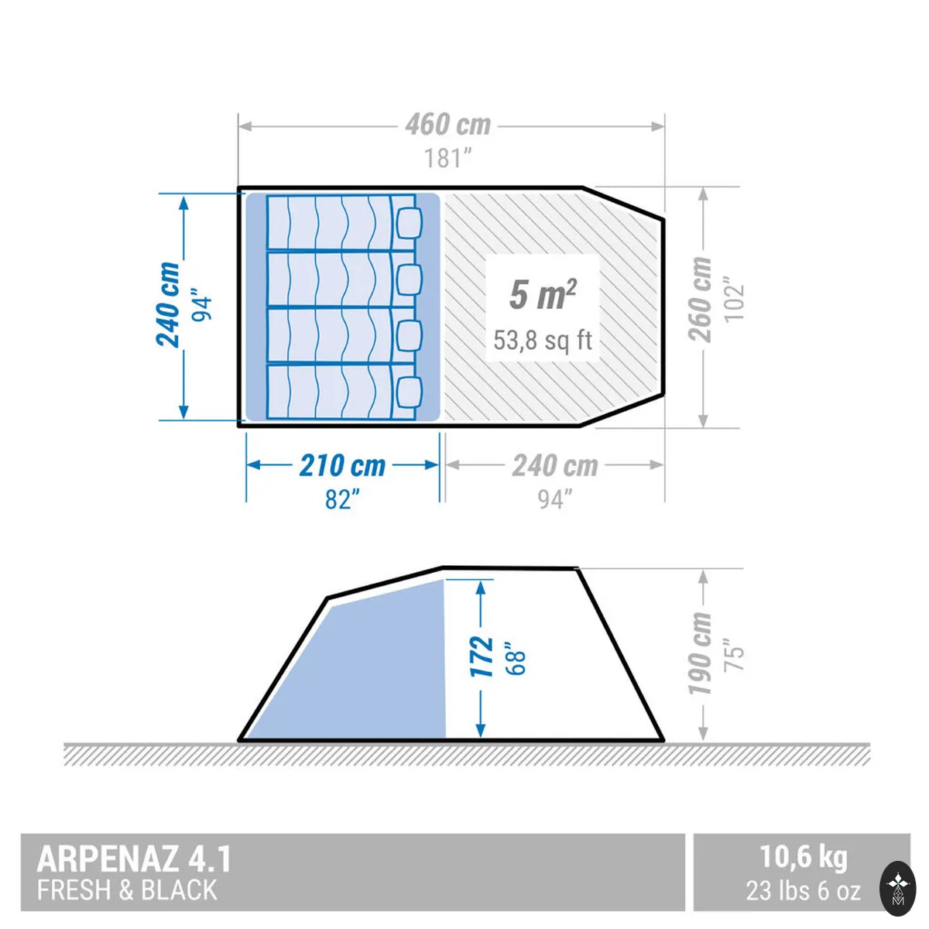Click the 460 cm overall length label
pyautogui.click(x=448, y=125)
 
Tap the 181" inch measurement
pyautogui.click(x=447, y=158)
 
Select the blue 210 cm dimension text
pyautogui.click(x=342, y=466)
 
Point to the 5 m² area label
pyautogui.click(x=543, y=294)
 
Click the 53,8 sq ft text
pyautogui.click(x=543, y=341)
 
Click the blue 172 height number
pyautogui.click(x=482, y=656)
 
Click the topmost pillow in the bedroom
pyautogui.click(x=410, y=223)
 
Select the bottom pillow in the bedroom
pyautogui.click(x=410, y=391)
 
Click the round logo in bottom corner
pyautogui.click(x=898, y=888)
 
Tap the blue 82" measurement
pyautogui.click(x=342, y=499)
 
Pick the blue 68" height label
pyautogui.click(x=514, y=656)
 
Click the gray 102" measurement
pyautogui.click(x=734, y=300)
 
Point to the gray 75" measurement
pyautogui.click(x=734, y=653)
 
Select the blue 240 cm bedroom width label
pyautogui.click(x=168, y=304)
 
